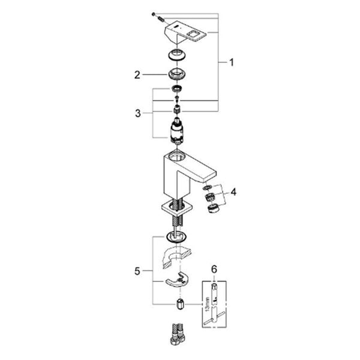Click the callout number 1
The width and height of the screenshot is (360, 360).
coord(232,62)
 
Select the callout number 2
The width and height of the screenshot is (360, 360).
coord(137,75)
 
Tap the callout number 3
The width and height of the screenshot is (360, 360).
coord(138,113)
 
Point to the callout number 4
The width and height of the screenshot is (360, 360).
coord(233,192)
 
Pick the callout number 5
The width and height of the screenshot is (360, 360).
coord(137,271)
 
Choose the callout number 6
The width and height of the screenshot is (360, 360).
coord(214,269)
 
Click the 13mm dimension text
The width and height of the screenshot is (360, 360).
coord(208,304)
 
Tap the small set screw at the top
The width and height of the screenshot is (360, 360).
coord(154,14)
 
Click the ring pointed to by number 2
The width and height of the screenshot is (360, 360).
coord(177,74)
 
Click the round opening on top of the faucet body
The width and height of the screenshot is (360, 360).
coord(176,157)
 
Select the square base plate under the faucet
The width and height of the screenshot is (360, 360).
coord(176,208)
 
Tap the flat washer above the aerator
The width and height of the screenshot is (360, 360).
coord(207,188)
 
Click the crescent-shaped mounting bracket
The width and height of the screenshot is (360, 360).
coord(177,280)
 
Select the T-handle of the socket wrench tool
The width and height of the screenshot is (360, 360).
coord(214,320)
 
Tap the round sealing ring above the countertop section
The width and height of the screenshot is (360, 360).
coord(176,237)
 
